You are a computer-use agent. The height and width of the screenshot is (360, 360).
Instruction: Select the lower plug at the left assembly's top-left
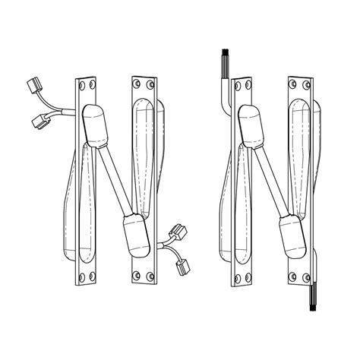pyautogui.click(x=38, y=119)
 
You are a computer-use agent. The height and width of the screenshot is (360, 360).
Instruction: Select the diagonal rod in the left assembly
pyautogui.click(x=115, y=180)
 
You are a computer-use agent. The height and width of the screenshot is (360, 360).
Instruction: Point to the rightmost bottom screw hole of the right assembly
pyautogui.click(x=307, y=274)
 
